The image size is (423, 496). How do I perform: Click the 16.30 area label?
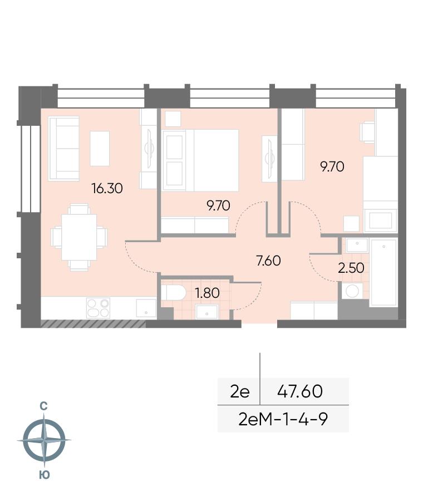tap(107, 189)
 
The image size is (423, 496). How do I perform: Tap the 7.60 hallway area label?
tap(268, 261)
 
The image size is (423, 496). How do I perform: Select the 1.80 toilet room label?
tap(207, 293)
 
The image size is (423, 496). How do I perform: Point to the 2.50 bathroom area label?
tap(351, 268)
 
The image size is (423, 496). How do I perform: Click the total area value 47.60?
tap(300, 391)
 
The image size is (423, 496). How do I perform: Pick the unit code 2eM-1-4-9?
tap(283, 419)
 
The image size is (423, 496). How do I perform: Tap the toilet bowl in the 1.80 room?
tap(173, 293)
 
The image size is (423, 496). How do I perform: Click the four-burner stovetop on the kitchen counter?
tap(98, 308)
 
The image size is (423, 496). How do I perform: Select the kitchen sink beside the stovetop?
tap(146, 308)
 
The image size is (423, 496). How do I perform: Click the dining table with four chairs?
tap(79, 237)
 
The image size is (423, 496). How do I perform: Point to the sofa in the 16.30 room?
tap(63, 149)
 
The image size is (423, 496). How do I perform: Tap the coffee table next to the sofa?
tap(100, 149)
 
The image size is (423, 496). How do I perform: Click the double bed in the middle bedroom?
tap(200, 160)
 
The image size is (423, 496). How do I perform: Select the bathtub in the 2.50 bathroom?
tap(384, 273)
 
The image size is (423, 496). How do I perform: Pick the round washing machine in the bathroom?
tap(352, 291)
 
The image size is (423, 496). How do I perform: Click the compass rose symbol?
tap(45, 440)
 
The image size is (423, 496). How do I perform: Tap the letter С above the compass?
tap(44, 406)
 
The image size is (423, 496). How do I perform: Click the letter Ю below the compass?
tap(45, 475)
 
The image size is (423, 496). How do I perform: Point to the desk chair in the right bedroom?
tap(367, 132)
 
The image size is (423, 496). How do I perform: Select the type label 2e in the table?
tap(240, 391)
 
